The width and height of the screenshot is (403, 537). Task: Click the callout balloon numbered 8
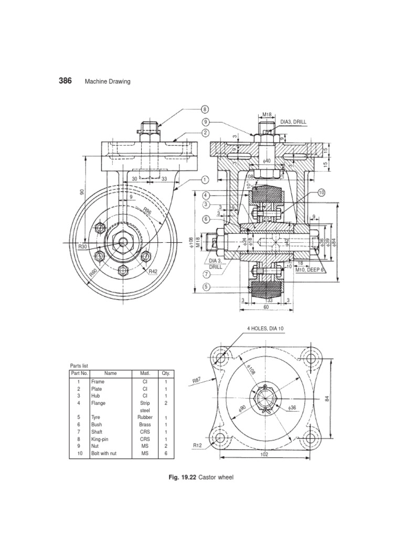pos(205,109)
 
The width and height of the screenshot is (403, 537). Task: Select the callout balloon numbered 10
pos(321,193)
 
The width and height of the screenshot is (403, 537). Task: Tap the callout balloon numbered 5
pos(206,286)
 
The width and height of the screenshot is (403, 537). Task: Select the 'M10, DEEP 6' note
pos(310,270)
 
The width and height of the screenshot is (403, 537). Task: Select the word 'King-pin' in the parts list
pos(101,438)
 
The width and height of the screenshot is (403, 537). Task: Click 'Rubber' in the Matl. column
pos(145,417)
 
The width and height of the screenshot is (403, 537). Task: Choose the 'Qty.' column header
pos(166,373)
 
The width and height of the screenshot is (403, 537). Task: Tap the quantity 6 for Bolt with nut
pos(166,453)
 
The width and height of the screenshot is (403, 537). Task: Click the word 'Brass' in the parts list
pos(145,424)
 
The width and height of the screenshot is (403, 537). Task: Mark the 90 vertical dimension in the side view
pos(82,192)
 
